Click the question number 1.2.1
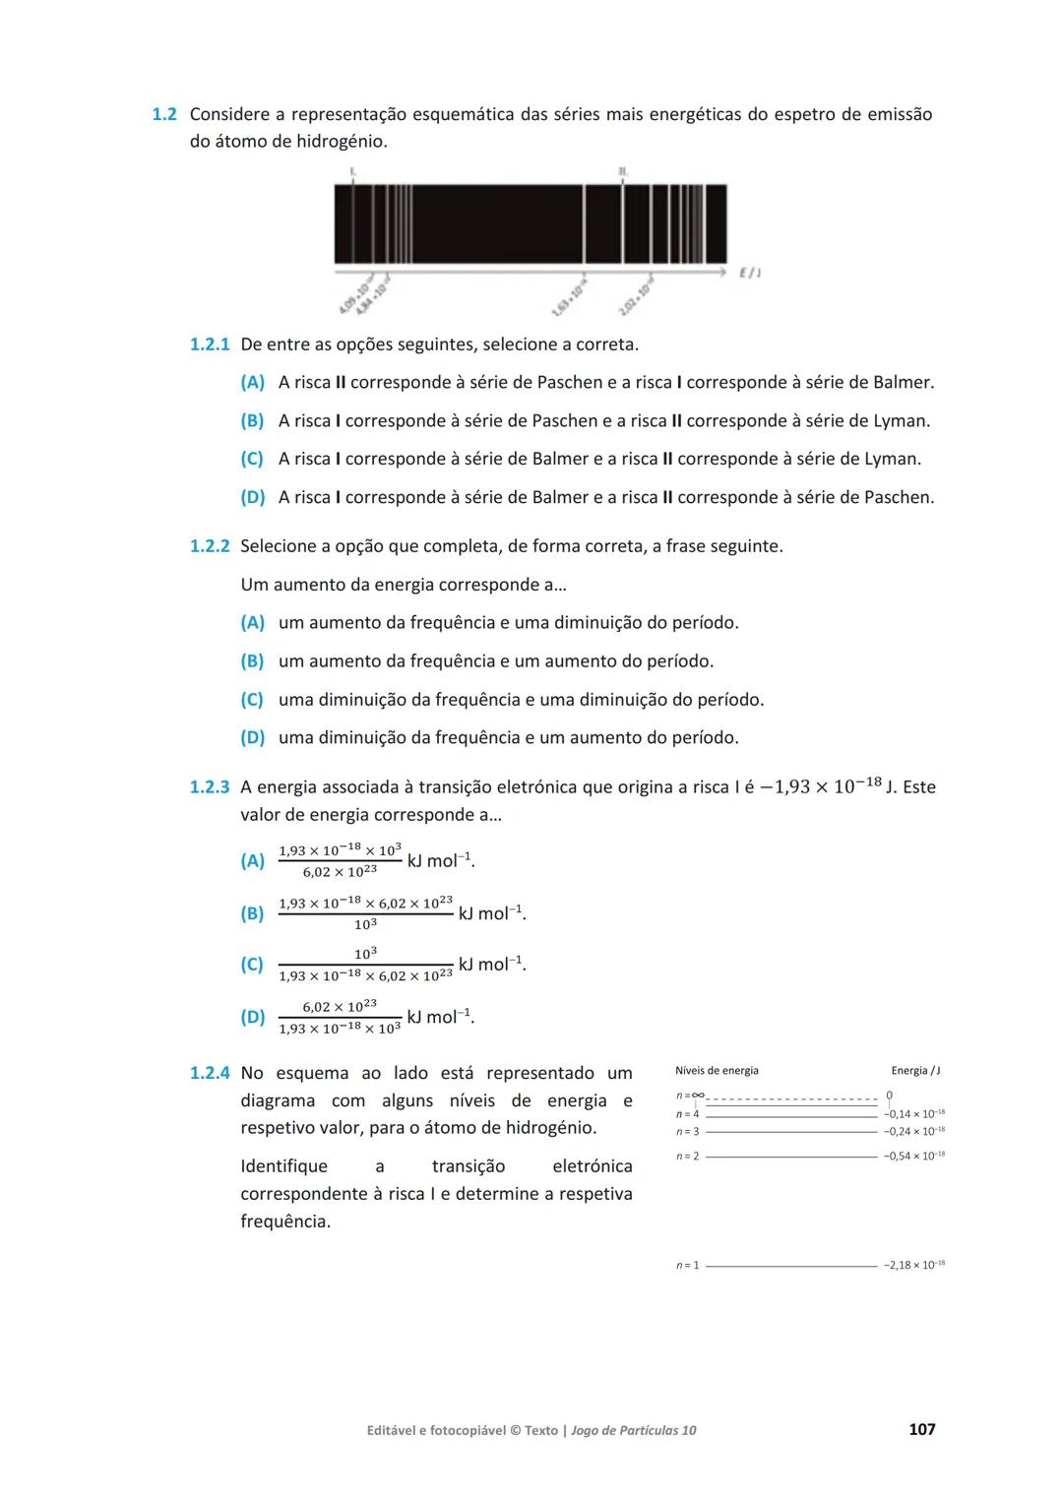209,344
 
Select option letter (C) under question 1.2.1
252,459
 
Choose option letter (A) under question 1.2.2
252,623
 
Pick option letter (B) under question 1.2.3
252,913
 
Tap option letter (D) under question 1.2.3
252,1018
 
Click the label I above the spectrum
352,171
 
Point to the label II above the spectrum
623,171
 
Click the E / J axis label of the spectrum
749,272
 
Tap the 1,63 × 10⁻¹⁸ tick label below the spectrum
570,294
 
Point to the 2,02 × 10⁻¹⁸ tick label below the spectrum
637,296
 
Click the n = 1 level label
687,1265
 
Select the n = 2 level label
687,1157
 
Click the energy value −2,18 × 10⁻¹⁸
913,1265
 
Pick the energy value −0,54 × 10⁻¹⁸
913,1157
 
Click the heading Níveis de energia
717,1071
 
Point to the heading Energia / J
915,1071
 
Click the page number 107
921,1429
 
